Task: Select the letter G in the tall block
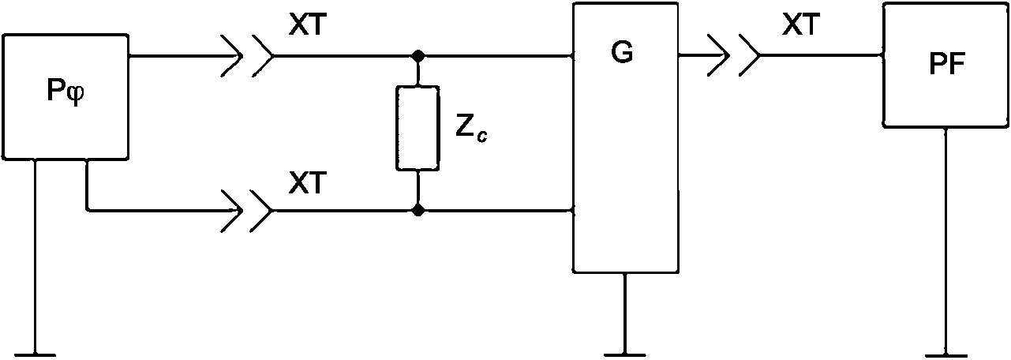tap(622, 52)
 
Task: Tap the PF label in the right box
tap(947, 64)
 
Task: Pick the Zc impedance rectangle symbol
tap(418, 128)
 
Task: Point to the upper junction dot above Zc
tap(418, 56)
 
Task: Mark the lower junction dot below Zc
tap(418, 210)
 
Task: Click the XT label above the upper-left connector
tap(307, 24)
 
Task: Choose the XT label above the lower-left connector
tap(307, 183)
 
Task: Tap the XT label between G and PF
tap(801, 24)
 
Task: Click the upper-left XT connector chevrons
tap(247, 56)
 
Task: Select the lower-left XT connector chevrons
tap(247, 211)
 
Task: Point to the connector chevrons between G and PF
tap(734, 55)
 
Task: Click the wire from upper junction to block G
tap(496, 56)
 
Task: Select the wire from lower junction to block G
tap(496, 211)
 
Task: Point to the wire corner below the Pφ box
tap(86, 211)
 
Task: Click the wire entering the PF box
tap(822, 55)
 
